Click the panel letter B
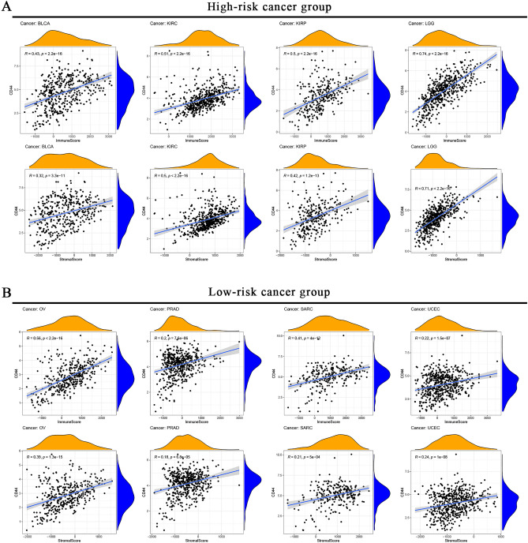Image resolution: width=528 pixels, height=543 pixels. coord(6,290)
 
